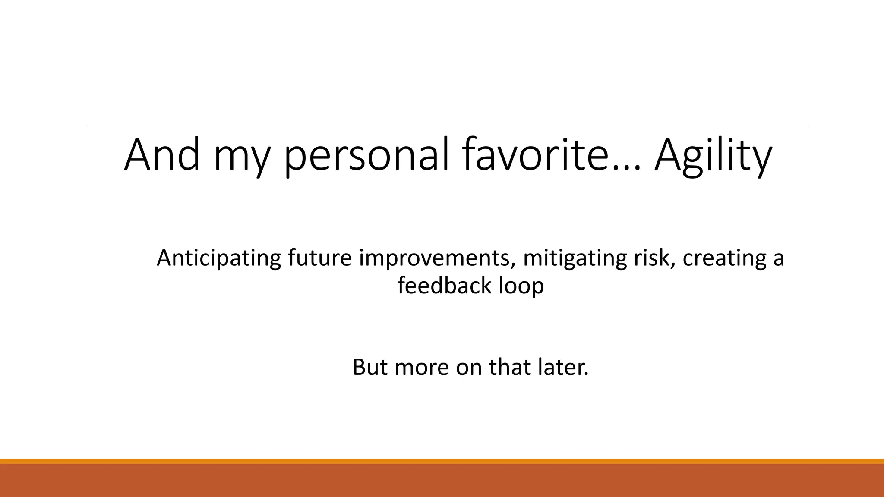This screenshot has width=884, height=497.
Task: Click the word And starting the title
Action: tap(162, 154)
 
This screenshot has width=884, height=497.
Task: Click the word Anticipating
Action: tap(218, 258)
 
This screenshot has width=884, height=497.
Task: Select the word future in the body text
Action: tap(319, 258)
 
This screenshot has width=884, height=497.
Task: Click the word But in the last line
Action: tap(369, 367)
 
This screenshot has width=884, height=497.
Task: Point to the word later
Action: tap(563, 367)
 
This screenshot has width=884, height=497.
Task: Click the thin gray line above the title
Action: tap(448, 126)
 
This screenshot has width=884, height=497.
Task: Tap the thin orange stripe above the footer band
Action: tap(442, 461)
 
